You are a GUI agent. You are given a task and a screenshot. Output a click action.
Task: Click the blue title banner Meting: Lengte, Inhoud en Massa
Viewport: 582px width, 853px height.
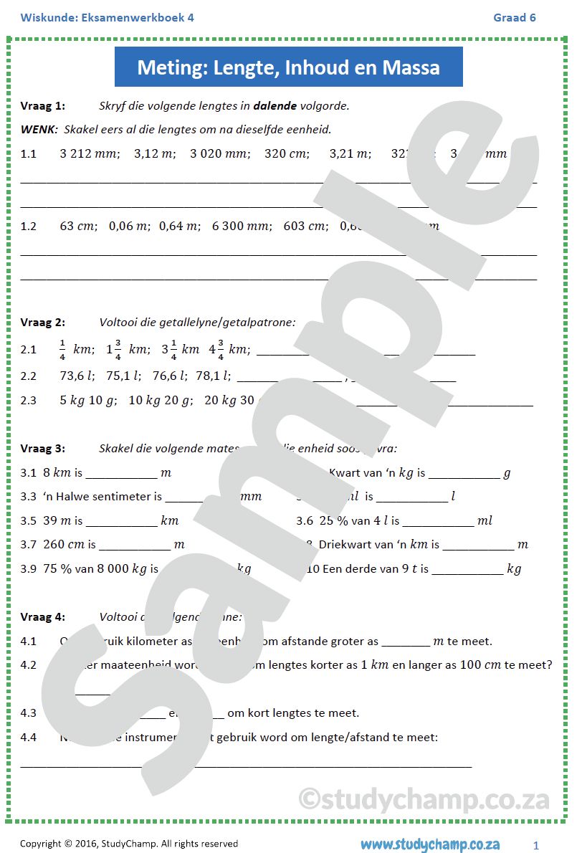click(x=288, y=67)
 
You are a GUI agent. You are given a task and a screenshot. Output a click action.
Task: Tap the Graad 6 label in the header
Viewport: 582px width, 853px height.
click(x=514, y=17)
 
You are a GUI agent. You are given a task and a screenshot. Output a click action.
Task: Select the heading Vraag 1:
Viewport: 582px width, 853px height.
click(x=43, y=106)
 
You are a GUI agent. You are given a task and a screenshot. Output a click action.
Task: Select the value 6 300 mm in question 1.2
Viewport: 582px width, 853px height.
click(x=242, y=226)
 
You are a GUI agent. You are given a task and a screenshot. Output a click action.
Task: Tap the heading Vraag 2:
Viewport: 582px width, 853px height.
click(x=43, y=323)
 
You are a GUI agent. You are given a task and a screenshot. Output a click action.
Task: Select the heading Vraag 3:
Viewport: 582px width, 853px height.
click(x=43, y=449)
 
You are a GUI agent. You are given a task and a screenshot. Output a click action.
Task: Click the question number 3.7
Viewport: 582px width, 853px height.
click(x=29, y=545)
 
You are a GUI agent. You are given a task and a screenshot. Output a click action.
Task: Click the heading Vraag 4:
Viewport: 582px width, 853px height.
click(x=43, y=616)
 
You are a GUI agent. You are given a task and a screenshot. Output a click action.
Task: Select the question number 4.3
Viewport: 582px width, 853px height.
click(x=29, y=713)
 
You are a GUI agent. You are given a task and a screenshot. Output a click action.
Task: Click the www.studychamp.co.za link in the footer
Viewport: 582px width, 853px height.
click(x=430, y=844)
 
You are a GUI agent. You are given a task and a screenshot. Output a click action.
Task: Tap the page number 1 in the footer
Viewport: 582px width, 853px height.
click(x=536, y=844)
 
